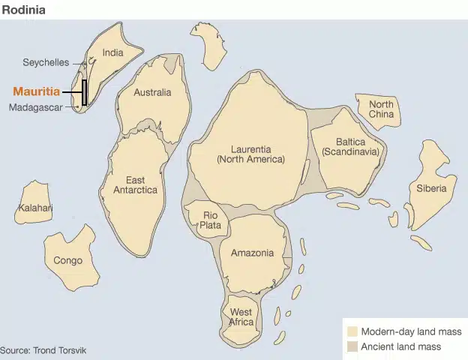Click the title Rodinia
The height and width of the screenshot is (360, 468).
(x=23, y=10)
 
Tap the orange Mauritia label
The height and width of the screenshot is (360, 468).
(x=36, y=91)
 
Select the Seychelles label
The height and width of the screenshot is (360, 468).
(x=46, y=62)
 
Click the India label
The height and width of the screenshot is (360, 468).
(x=112, y=52)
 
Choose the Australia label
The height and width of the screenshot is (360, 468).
(x=152, y=92)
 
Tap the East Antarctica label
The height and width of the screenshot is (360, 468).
(x=135, y=184)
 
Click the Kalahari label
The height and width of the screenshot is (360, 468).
(x=35, y=208)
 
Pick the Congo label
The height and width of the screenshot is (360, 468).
(x=67, y=260)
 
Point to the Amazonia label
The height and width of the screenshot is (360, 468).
(x=252, y=253)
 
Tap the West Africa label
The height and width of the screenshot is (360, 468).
(x=241, y=316)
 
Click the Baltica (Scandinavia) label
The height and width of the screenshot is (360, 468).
(x=350, y=146)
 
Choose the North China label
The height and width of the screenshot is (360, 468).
(x=381, y=109)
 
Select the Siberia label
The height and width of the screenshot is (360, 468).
(x=431, y=188)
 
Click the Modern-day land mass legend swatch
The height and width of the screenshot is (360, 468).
(x=351, y=331)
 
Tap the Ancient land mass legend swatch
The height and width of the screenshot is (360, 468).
(x=351, y=346)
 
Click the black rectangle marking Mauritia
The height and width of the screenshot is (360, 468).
(x=85, y=91)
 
